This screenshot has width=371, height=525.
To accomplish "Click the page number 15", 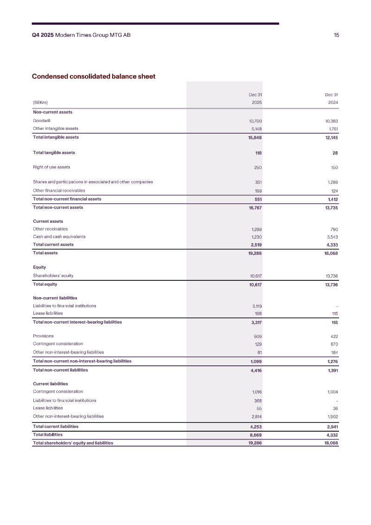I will coord(336,35).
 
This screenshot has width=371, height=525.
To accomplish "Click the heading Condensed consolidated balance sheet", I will coord(93,76).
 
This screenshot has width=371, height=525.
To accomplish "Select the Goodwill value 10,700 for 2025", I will coord(255,121).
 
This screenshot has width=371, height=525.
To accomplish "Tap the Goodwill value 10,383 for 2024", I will coord(332,121).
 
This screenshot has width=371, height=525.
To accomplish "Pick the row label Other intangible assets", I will coord(56,129).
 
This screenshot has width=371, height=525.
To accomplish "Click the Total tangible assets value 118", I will coord(258,153).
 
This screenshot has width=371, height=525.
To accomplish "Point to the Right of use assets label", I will coord(51,167).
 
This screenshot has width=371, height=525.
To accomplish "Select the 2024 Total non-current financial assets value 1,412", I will coord(332,199).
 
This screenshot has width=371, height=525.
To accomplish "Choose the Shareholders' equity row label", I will coord(53,276).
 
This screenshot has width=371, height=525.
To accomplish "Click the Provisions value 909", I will coord(258,336).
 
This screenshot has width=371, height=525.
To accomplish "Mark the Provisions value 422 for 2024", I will coord(334,336).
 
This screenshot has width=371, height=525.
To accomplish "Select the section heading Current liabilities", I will coord(51,384).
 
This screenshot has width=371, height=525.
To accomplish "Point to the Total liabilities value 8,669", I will coord(256,435).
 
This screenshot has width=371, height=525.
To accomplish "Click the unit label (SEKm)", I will coord(40,102).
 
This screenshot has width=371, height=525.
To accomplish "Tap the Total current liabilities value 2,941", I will coord(332,427).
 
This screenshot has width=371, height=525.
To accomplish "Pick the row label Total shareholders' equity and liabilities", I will coord(73,443).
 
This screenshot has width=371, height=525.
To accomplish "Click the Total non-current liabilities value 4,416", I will coord(256,370).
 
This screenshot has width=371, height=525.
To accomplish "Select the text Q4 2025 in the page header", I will coord(42,35).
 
